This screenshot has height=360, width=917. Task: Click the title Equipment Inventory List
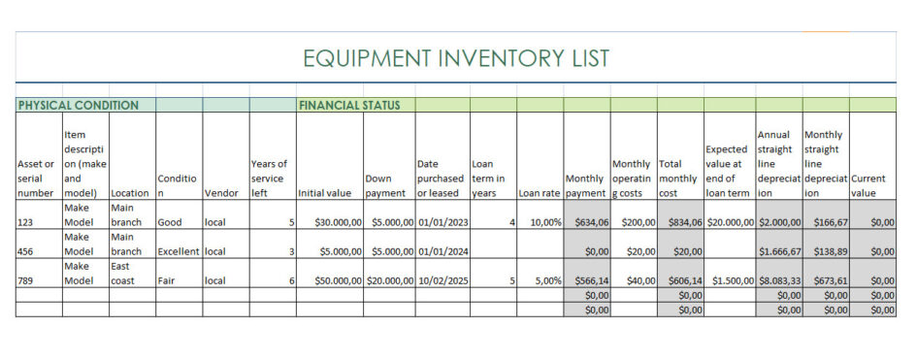click(x=457, y=58)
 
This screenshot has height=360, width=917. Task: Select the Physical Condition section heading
click(x=79, y=105)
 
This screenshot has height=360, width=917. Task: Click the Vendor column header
click(x=221, y=192)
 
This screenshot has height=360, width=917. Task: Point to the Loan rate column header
click(x=540, y=192)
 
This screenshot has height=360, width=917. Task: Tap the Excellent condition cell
click(x=178, y=251)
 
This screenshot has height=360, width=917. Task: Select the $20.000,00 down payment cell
click(x=390, y=280)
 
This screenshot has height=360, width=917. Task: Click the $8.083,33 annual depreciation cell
click(x=780, y=280)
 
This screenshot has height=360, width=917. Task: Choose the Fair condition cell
click(x=167, y=280)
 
